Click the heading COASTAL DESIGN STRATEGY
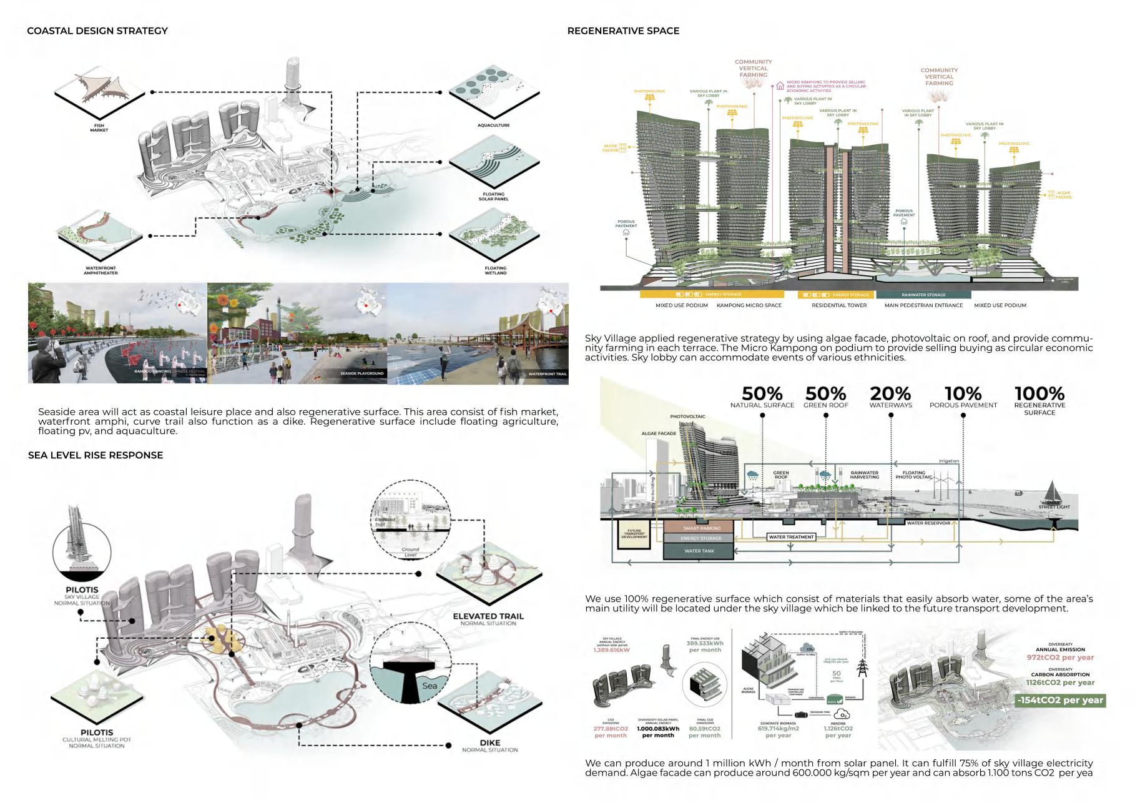(97, 31)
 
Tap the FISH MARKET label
(99, 128)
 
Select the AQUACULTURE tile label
(493, 126)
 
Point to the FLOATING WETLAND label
(495, 270)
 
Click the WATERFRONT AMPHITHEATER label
(101, 270)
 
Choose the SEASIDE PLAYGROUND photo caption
(361, 373)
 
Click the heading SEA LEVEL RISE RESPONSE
(96, 455)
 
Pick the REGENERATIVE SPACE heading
(623, 31)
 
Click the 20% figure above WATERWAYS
(890, 394)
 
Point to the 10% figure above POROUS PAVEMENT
(963, 394)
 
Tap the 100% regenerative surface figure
(1039, 394)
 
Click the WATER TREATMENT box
(791, 537)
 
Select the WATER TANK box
(699, 551)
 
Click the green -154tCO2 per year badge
(1059, 700)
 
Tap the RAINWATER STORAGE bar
(923, 295)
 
